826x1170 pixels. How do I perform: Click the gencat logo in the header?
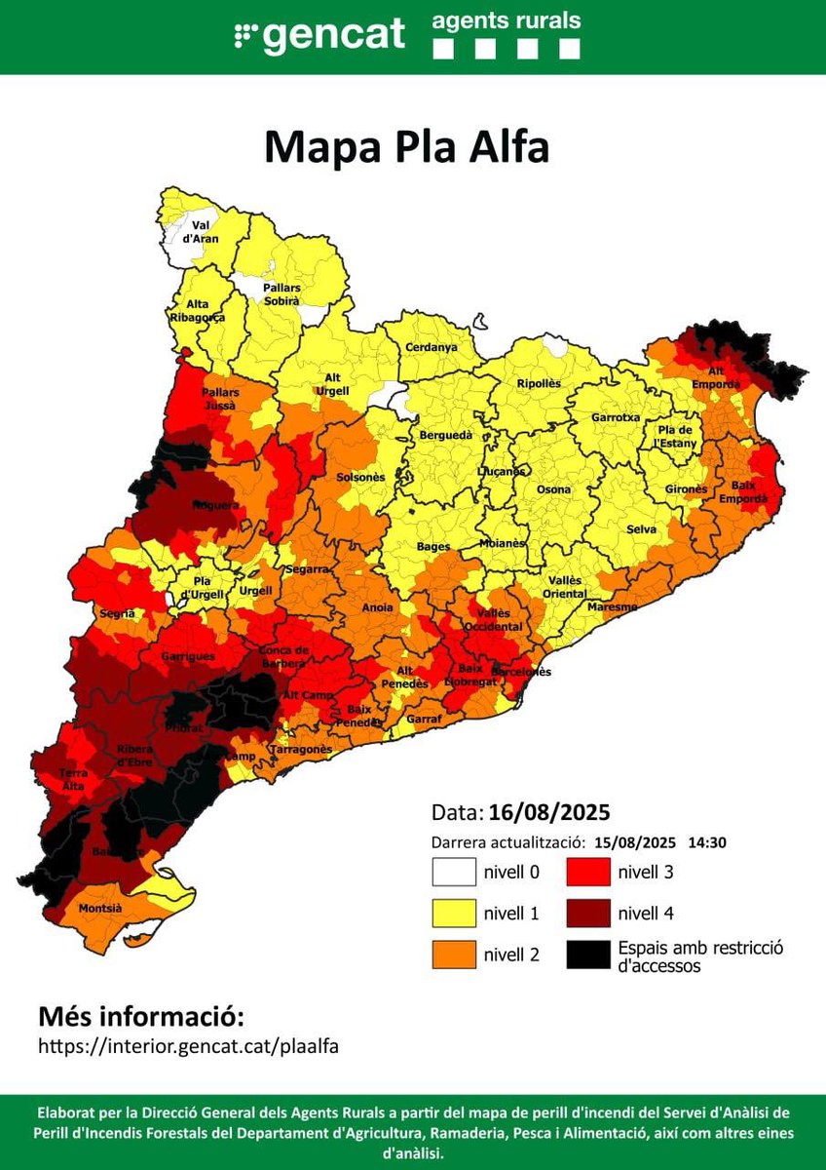(319, 35)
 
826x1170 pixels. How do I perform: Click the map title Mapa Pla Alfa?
(407, 147)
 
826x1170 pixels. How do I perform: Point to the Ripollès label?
(539, 383)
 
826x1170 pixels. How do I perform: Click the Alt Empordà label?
(716, 375)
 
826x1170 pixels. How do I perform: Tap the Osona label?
(554, 489)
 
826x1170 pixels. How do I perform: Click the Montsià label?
(99, 908)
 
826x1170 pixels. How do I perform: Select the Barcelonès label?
(521, 672)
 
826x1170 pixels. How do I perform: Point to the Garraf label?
(426, 719)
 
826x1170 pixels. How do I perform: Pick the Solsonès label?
(360, 478)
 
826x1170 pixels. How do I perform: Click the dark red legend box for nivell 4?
(588, 914)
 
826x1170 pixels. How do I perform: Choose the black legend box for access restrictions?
(588, 955)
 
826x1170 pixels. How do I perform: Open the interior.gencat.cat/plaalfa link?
(189, 1046)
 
